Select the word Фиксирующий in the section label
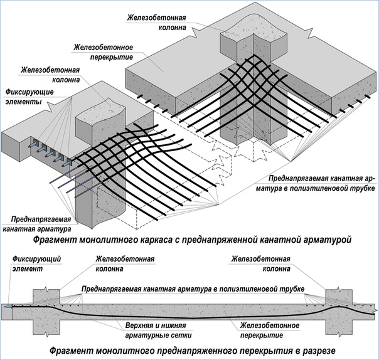[x=27, y=258]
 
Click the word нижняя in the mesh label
[x=173, y=324]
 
